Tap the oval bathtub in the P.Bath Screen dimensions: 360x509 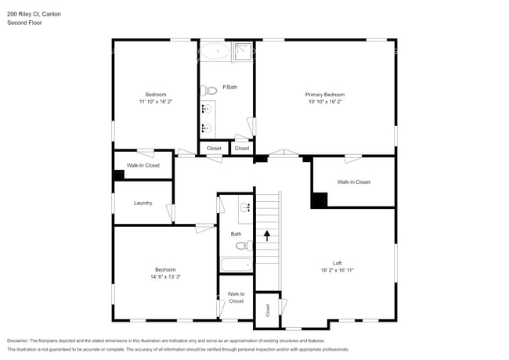click(214, 52)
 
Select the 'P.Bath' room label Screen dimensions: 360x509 click(230, 87)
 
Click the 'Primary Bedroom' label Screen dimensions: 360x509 click(324, 95)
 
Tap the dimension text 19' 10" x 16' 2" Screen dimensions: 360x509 click(324, 102)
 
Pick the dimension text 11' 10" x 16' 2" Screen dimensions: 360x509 click(155, 102)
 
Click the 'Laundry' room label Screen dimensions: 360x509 click(143, 203)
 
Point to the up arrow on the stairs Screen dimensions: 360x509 click(267, 234)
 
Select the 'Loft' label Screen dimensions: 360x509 click(338, 263)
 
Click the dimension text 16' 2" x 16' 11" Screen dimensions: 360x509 click(338, 270)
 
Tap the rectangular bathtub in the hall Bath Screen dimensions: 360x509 click(236, 265)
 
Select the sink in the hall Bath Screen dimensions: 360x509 click(244, 207)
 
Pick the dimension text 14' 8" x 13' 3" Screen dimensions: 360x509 click(164, 276)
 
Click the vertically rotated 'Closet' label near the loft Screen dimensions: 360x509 click(267, 310)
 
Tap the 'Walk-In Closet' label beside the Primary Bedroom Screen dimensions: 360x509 click(354, 182)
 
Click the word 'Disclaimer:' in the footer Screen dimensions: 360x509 click(21, 341)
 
